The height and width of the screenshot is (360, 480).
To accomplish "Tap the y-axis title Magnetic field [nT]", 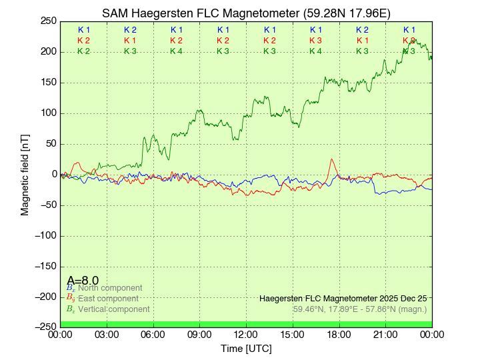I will coord(25,173).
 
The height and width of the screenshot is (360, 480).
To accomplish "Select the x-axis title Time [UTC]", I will coord(246,349).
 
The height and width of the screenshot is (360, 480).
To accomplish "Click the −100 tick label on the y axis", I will coord(45,235).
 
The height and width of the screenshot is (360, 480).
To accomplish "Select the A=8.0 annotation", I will coord(83,281).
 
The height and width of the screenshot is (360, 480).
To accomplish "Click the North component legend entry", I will coord(105,288).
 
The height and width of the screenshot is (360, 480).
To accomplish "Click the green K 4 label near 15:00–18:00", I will coord(315,51).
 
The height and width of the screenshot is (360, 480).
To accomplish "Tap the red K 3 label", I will coord(315,41).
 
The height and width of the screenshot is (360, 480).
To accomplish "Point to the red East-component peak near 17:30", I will coord(331,160).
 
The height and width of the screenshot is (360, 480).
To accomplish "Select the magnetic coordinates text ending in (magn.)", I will coord(359,309).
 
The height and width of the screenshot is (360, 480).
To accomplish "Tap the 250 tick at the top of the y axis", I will coord(49,21).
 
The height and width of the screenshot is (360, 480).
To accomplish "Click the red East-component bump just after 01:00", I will coord(77,163).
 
